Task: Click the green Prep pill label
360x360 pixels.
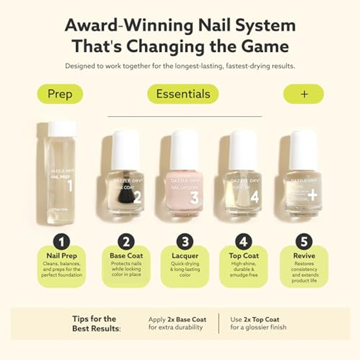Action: coord(60,94)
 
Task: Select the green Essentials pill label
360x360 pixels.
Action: coord(182,94)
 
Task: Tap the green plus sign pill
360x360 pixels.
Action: coord(303,94)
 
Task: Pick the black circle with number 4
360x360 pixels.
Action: coord(243,242)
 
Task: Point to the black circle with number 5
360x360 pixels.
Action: coord(304,242)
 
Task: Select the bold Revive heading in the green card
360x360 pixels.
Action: coord(304,256)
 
